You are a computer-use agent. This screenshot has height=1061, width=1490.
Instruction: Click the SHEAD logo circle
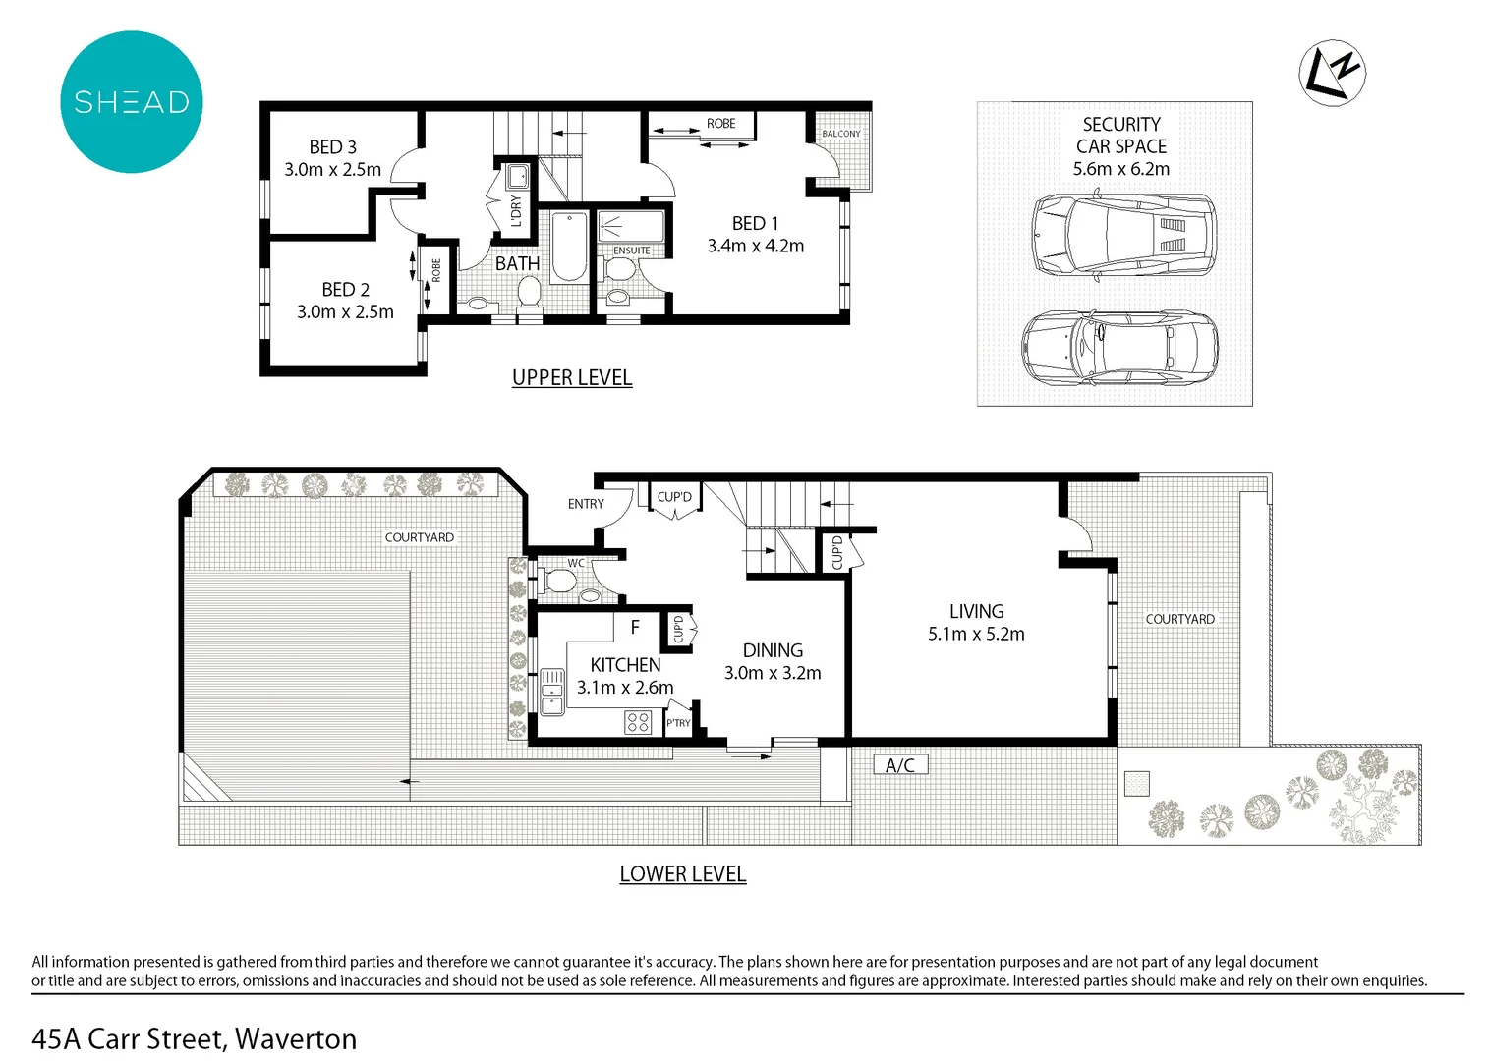tap(131, 102)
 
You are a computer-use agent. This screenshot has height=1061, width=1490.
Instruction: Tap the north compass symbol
tap(1333, 73)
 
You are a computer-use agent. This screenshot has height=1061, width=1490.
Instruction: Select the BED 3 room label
tap(332, 147)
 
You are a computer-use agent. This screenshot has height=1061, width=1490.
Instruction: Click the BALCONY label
tap(840, 134)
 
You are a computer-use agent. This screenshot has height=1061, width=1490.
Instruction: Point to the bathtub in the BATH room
tap(569, 248)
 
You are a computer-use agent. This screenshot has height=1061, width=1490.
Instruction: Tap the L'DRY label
tap(516, 211)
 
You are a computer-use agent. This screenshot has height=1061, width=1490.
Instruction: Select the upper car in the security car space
tap(1123, 235)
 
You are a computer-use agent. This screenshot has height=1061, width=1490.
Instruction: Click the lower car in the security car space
tap(1119, 348)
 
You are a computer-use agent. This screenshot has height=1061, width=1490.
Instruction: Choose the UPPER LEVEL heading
tap(572, 377)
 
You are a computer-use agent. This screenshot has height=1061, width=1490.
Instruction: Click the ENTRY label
tap(586, 504)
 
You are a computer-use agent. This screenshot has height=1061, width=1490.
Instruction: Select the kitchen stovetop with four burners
tap(638, 723)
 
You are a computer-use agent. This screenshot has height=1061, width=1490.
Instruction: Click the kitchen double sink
tap(551, 692)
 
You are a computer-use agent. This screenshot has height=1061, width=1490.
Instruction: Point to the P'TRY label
tap(678, 723)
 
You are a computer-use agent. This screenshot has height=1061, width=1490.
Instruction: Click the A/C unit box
tap(900, 765)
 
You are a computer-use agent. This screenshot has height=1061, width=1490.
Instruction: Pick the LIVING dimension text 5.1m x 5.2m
tap(976, 635)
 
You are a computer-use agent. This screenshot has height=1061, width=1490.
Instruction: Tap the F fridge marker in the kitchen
tap(635, 627)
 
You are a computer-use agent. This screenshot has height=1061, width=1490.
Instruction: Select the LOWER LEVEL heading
tap(683, 874)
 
